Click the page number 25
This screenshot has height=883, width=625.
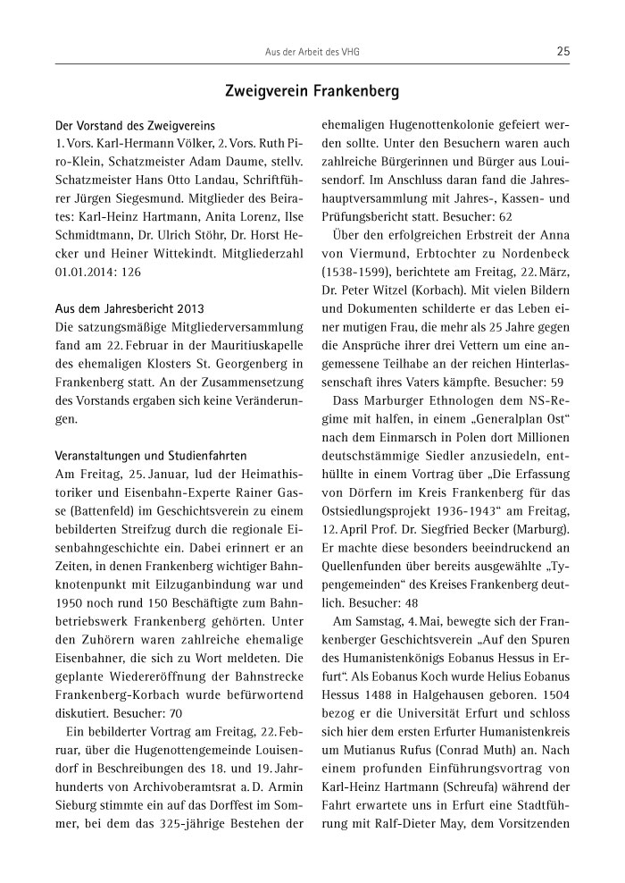(x=562, y=52)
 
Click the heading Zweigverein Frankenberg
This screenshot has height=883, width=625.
(x=312, y=92)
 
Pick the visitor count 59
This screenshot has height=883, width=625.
(x=560, y=381)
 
